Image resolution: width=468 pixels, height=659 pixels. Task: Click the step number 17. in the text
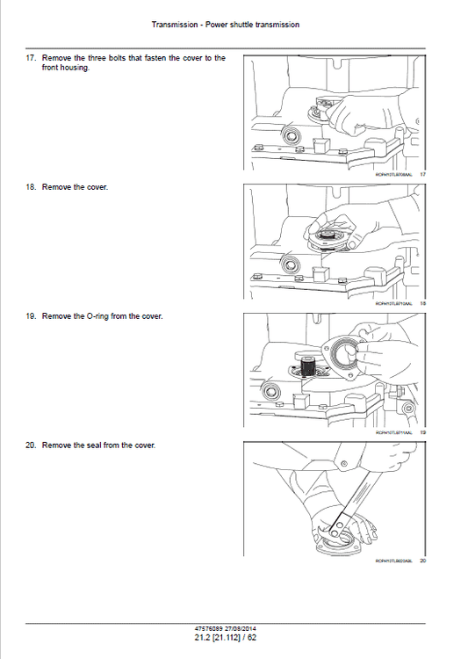31,58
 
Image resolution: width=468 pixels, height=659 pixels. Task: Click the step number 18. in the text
31,187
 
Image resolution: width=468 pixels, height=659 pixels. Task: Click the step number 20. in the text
31,445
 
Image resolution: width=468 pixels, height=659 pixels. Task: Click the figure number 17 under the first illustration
422,176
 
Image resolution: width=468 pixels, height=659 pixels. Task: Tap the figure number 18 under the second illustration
422,304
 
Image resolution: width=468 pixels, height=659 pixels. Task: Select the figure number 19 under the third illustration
422,432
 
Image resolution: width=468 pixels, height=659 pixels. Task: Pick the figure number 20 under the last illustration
422,561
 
